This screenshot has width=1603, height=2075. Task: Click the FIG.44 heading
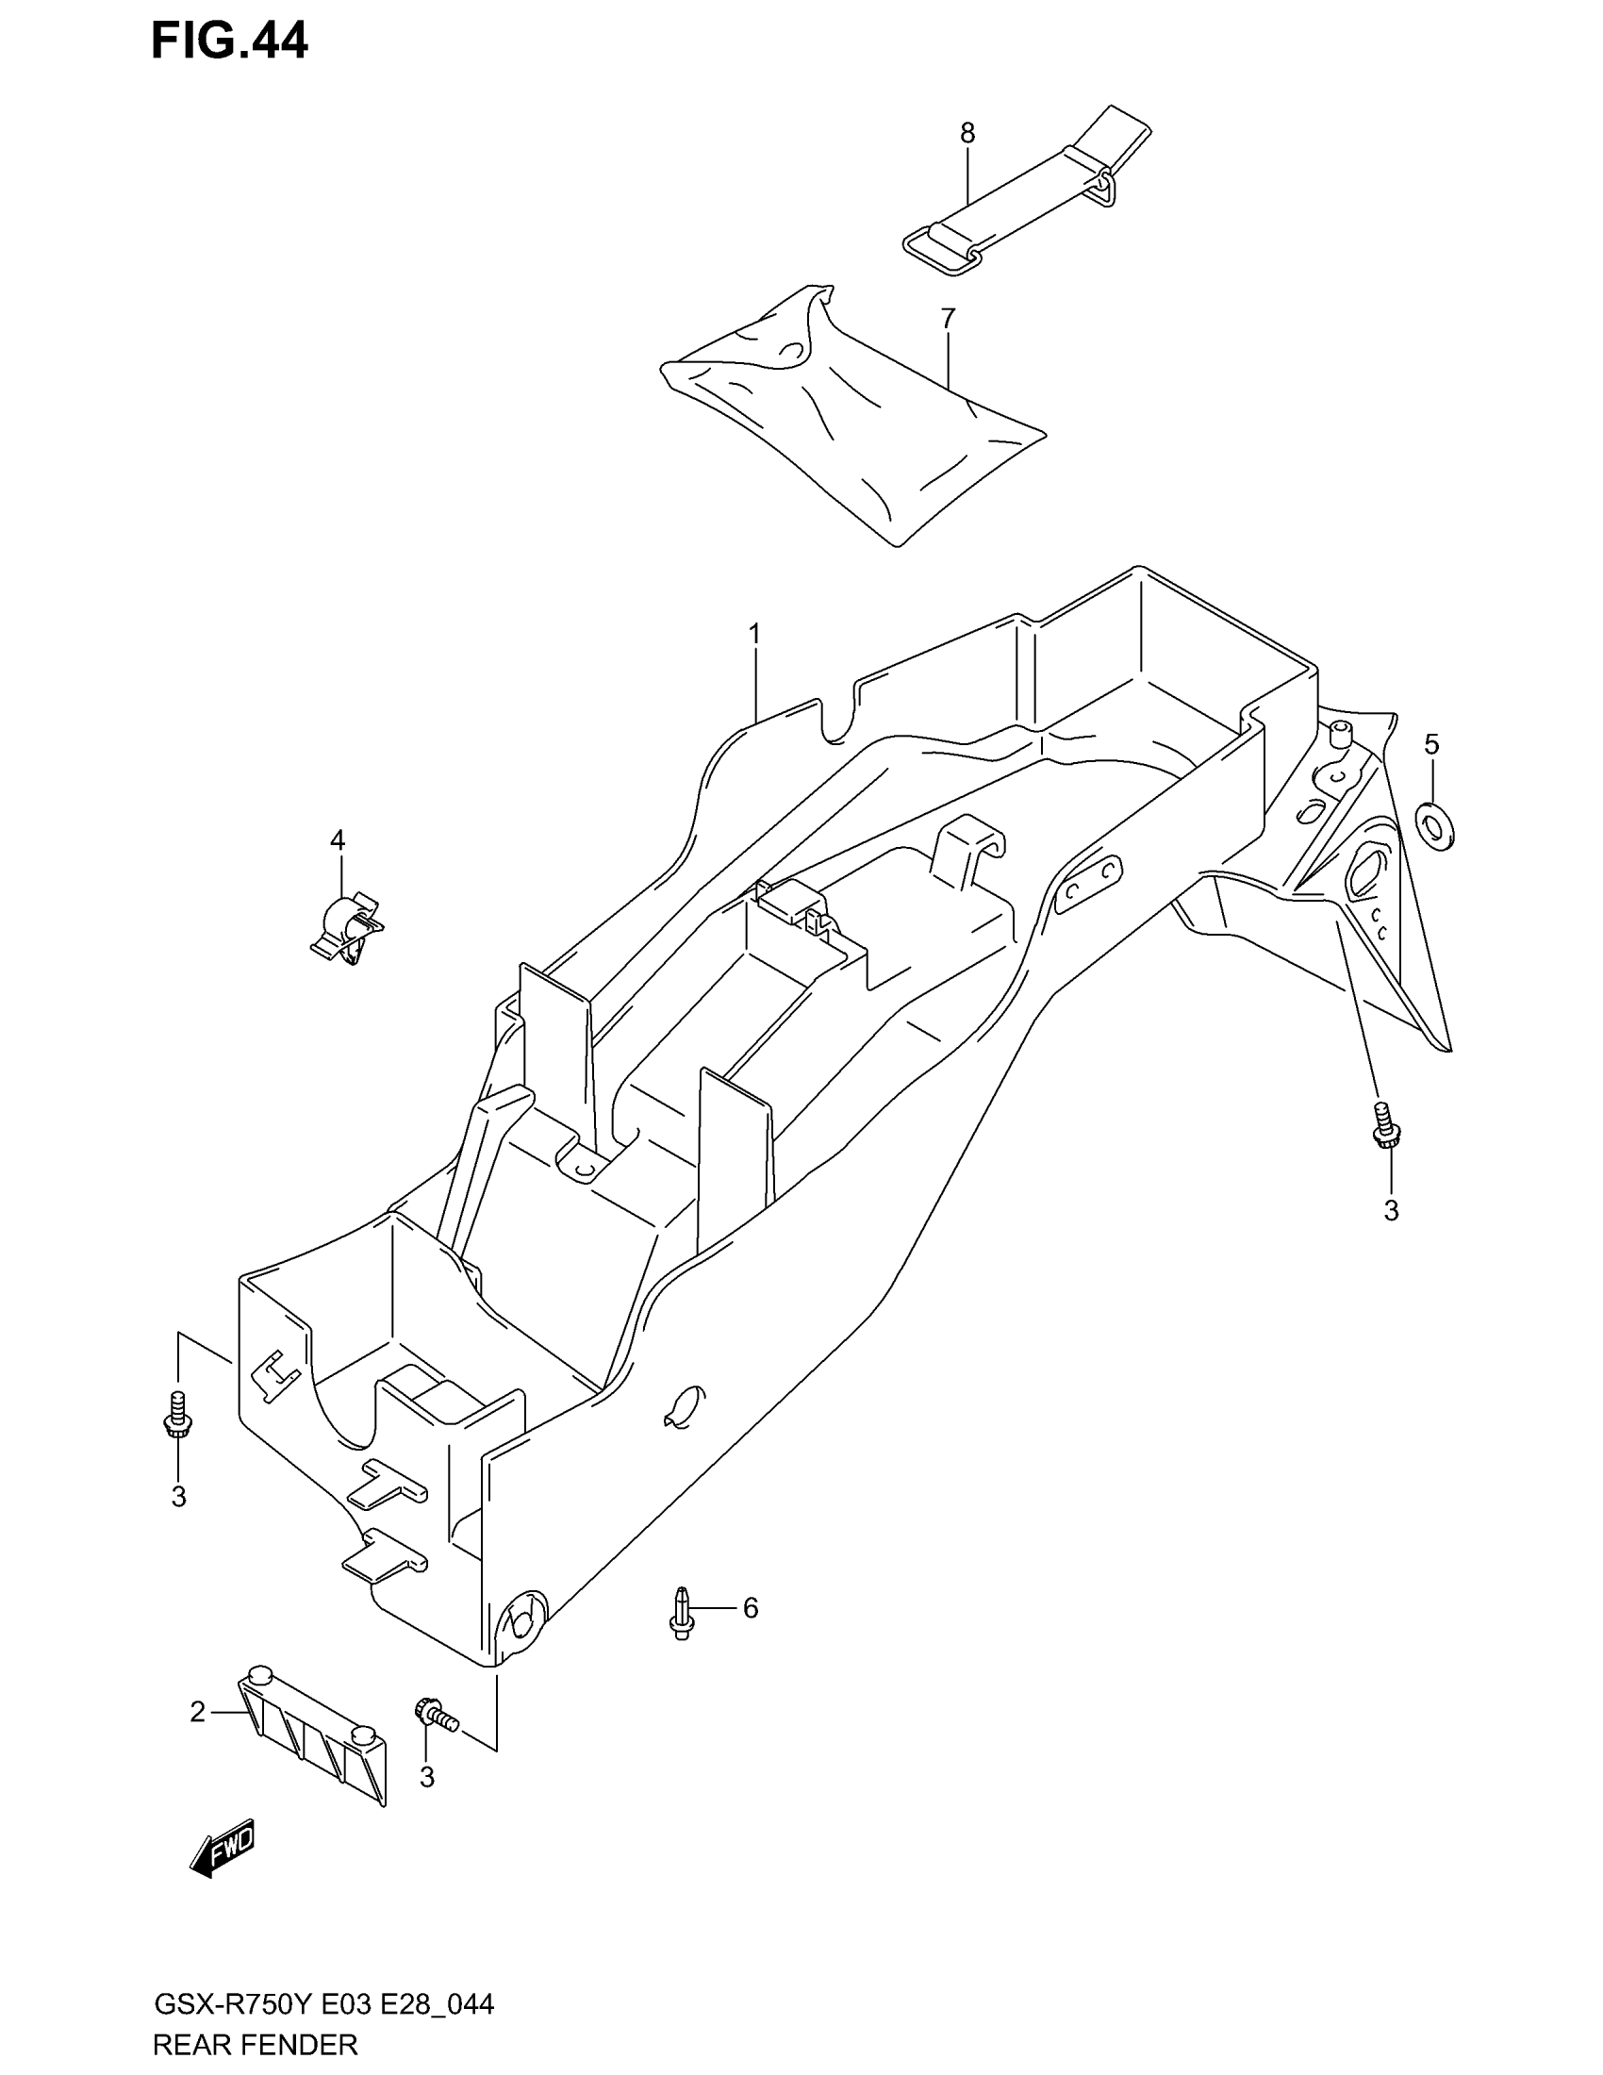pyautogui.click(x=230, y=41)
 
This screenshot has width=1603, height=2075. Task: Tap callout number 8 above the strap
pyautogui.click(x=967, y=134)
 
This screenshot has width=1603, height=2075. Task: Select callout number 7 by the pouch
pyautogui.click(x=948, y=318)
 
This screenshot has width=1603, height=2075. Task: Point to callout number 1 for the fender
pyautogui.click(x=755, y=633)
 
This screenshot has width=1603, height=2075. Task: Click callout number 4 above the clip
pyautogui.click(x=338, y=839)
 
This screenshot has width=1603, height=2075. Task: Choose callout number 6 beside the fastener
pyautogui.click(x=751, y=1607)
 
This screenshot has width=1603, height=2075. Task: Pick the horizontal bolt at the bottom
pyautogui.click(x=436, y=1712)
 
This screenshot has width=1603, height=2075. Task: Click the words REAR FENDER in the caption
pyautogui.click(x=256, y=2044)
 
